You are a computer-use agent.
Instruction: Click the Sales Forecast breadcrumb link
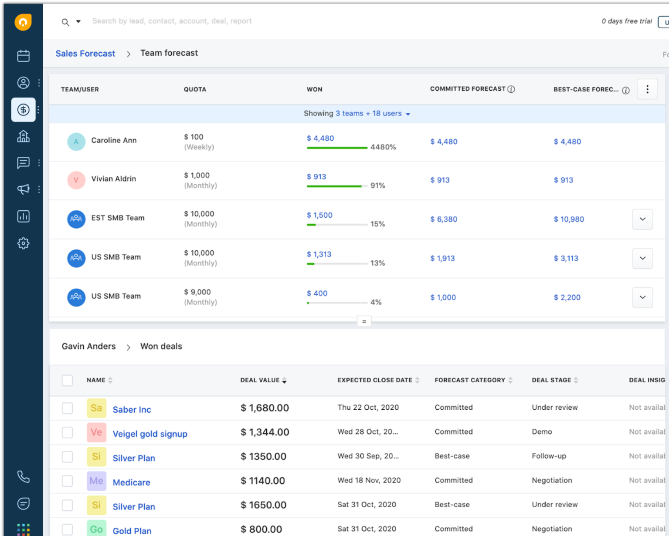coord(85,54)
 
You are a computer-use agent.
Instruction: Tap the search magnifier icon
coord(65,22)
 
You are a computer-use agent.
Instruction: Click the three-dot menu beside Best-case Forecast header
coord(647,89)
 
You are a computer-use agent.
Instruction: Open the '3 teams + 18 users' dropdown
coord(373,114)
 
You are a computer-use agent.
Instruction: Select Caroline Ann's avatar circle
coord(76,142)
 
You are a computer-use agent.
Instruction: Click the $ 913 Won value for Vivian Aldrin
coord(316,177)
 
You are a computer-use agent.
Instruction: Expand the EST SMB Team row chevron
coord(642,219)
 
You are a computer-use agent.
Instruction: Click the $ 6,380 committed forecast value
coord(444,219)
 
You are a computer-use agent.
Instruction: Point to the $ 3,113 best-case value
coord(566,258)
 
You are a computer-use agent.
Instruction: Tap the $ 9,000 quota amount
coord(197,292)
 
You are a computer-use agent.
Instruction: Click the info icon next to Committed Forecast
coord(511,89)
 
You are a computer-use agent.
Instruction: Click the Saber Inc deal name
coord(132,410)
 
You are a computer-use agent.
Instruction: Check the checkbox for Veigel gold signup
coord(67,432)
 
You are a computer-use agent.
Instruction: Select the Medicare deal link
coord(131,482)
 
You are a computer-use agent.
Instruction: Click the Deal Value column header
coord(260,380)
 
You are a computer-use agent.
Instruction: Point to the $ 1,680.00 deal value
coord(265,408)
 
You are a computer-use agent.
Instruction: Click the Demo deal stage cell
coord(542,431)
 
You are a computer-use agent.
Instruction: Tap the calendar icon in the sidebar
coord(24,56)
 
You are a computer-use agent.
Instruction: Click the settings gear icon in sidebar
coord(24,243)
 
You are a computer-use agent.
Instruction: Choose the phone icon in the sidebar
coord(24,477)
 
